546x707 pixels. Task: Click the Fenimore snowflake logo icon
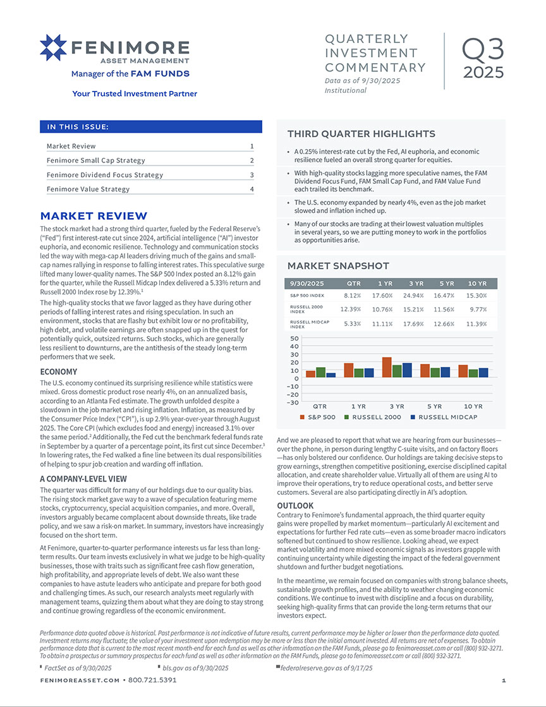point(54,49)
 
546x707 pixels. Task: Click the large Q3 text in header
point(483,49)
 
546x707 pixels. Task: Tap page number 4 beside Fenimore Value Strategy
point(252,189)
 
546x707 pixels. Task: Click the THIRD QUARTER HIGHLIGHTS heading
point(361,134)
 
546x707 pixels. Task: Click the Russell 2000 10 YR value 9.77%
point(477,310)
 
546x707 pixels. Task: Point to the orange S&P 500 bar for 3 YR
point(387,368)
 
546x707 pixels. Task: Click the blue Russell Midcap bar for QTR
point(332,375)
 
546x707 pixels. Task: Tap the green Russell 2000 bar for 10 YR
point(473,373)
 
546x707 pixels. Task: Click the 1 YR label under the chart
point(358,406)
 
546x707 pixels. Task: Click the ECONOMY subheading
point(59,372)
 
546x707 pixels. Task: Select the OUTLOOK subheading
point(296,506)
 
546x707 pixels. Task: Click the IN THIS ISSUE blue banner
point(150,127)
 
